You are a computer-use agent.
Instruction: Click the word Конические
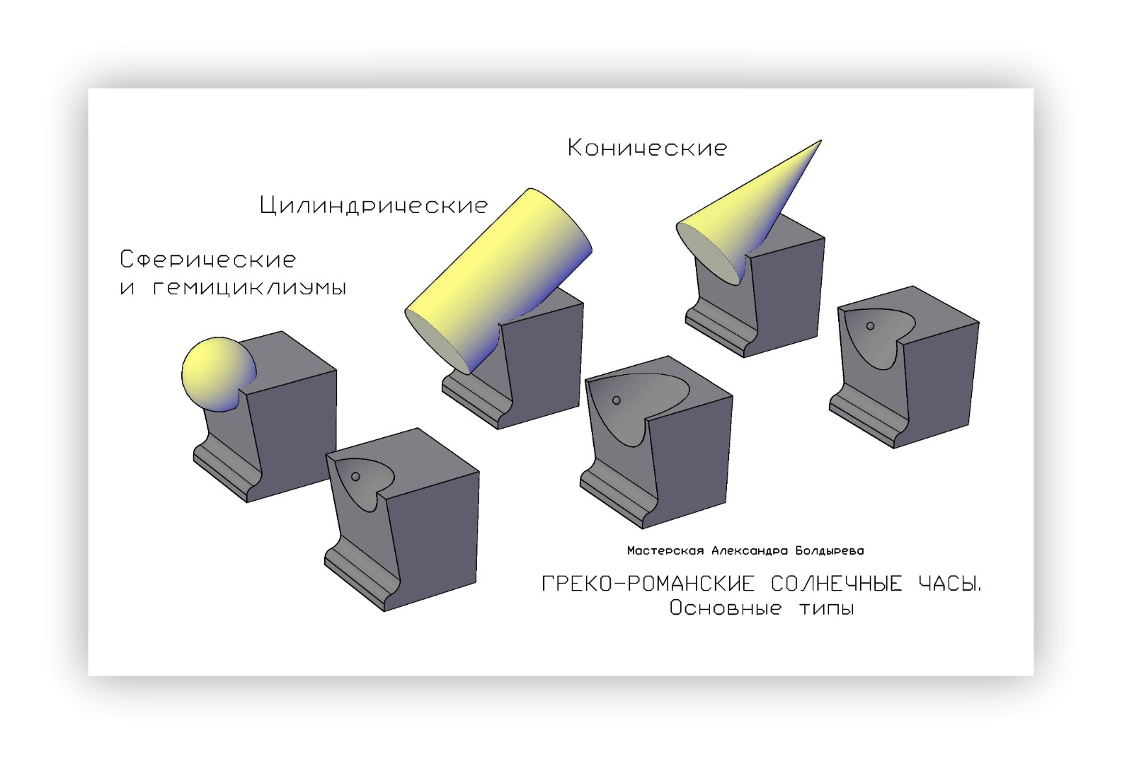[647, 148]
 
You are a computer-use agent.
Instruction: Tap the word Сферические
[208, 260]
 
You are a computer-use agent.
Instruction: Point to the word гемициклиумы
[249, 289]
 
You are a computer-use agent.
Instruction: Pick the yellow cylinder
[498, 280]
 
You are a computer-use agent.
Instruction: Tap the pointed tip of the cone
[821, 141]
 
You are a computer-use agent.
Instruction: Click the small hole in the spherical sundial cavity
[355, 477]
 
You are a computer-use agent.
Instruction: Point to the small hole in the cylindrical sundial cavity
[617, 400]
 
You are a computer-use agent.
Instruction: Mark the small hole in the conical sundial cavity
[871, 326]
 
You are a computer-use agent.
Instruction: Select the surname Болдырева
[830, 551]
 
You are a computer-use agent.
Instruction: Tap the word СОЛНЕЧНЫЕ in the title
[837, 584]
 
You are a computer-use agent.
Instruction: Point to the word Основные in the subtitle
[726, 608]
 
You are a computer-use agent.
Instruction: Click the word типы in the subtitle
[827, 609]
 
